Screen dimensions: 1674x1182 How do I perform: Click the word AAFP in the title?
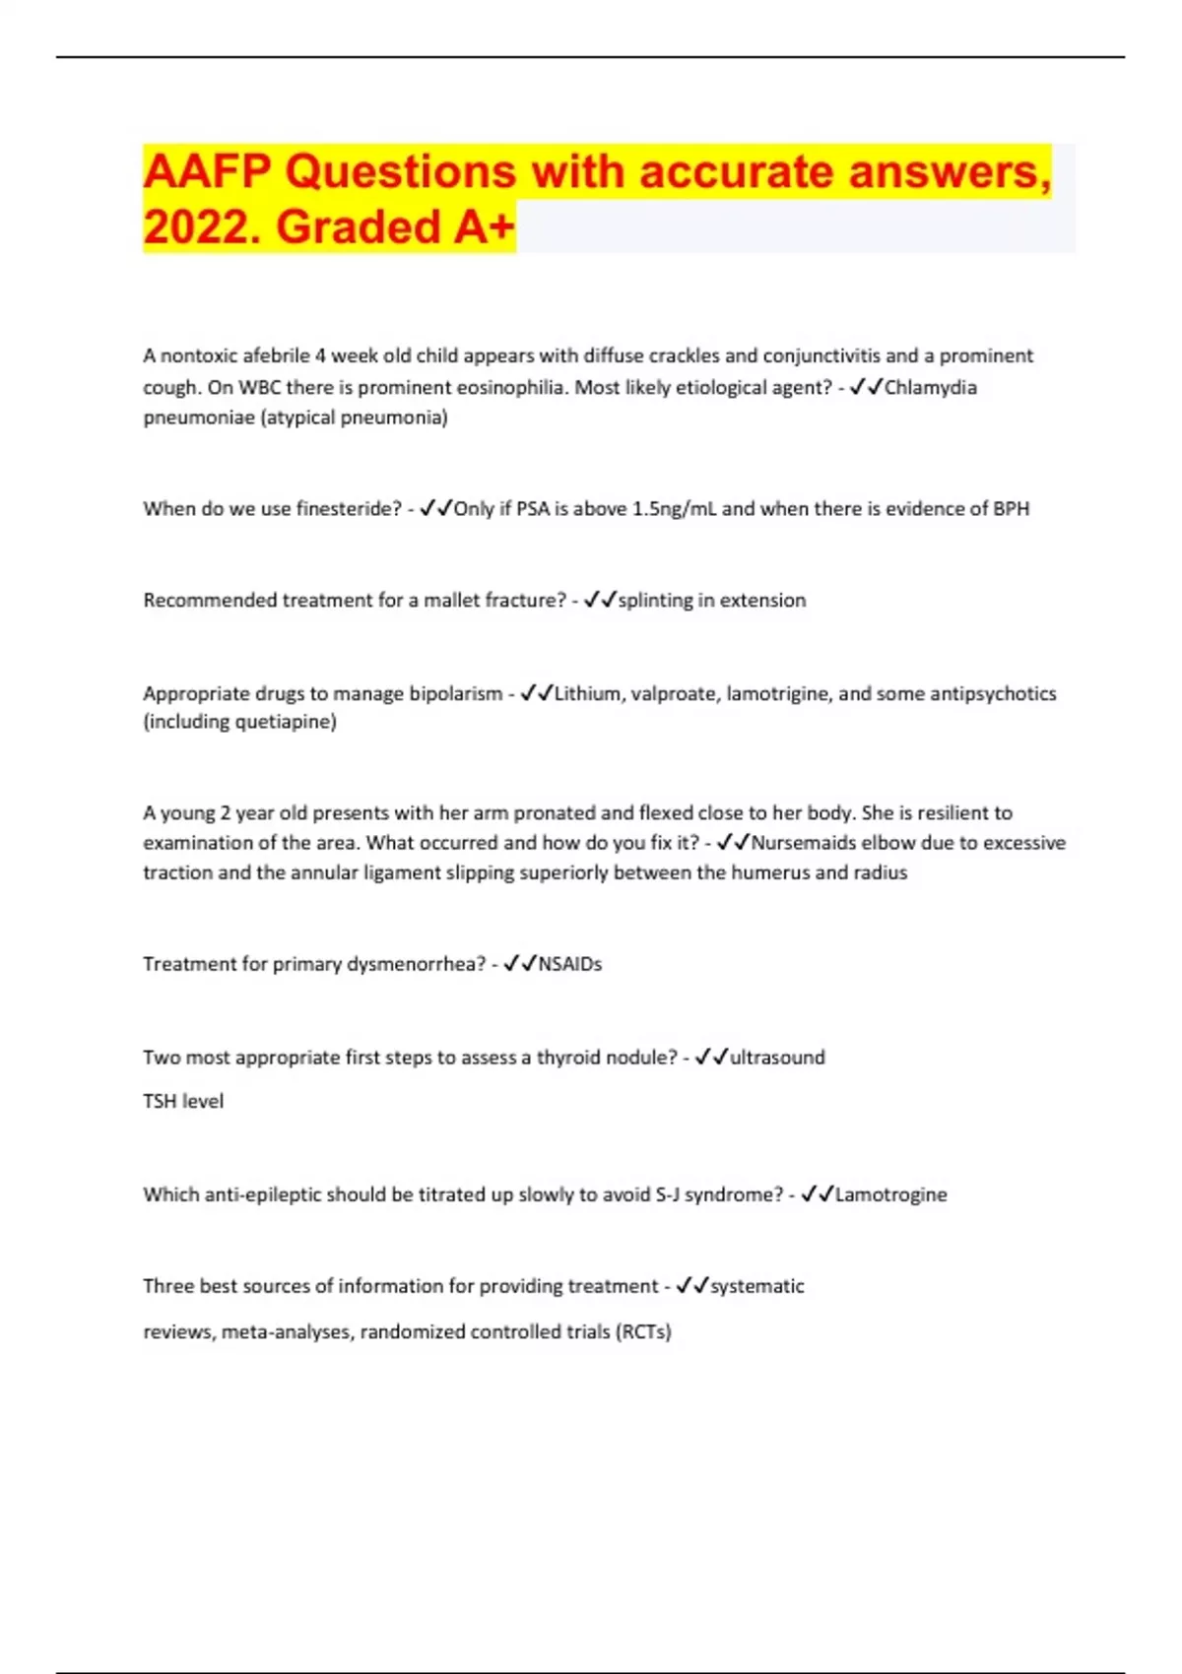[206, 172]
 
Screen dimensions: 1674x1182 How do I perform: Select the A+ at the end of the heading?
[484, 227]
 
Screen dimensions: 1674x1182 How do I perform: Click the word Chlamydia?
[930, 387]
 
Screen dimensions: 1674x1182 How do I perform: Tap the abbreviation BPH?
[1011, 509]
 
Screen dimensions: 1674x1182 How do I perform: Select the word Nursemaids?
[803, 843]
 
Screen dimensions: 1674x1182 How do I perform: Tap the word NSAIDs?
[569, 964]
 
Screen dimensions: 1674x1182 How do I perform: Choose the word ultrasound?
[776, 1058]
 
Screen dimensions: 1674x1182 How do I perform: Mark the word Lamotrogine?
[890, 1194]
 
